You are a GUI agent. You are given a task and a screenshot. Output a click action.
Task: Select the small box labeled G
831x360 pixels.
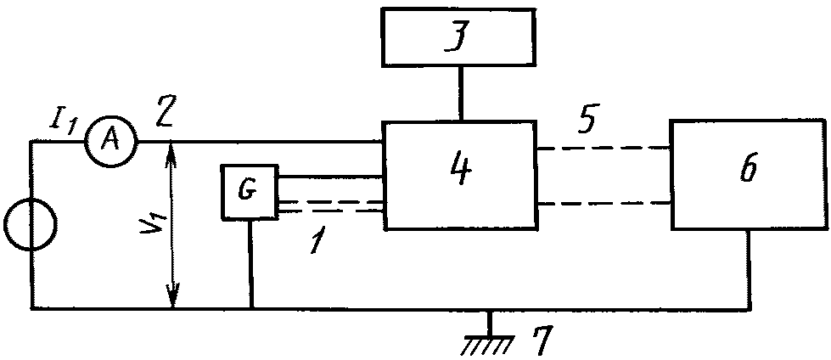click(250, 192)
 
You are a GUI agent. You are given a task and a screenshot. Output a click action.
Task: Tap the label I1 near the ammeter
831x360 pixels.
click(63, 125)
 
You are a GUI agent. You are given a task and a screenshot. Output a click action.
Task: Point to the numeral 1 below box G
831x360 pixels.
click(317, 243)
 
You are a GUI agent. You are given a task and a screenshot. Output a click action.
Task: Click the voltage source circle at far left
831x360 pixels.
click(30, 224)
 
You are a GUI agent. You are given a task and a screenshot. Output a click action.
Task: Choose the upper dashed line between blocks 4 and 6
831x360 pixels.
click(604, 149)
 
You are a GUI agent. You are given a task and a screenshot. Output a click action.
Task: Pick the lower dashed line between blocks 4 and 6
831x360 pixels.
click(604, 203)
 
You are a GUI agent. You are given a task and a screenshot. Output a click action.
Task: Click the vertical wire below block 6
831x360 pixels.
click(749, 268)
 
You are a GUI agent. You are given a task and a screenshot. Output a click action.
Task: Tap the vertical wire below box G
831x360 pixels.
click(250, 263)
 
